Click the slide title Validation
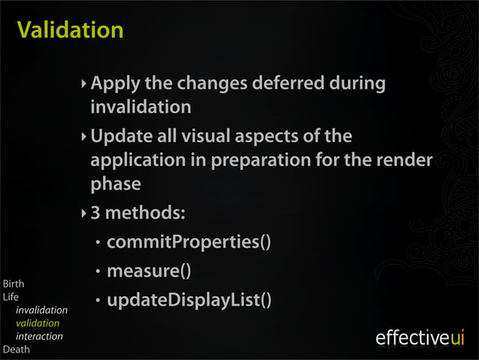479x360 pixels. pos(70,30)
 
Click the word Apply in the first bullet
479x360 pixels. pos(115,83)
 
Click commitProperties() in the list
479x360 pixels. pos(188,242)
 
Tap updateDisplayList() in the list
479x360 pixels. pos(188,300)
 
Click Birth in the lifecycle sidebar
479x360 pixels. pos(14,284)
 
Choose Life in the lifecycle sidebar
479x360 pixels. pos(11,297)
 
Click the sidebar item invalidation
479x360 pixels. pos(41,310)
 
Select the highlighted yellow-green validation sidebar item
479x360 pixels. pos(38,323)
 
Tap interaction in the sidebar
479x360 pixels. pos(39,336)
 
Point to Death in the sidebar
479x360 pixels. pos(15,349)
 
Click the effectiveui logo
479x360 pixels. pos(420,338)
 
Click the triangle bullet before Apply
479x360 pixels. pos(83,83)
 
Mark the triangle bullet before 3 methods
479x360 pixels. pos(83,213)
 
